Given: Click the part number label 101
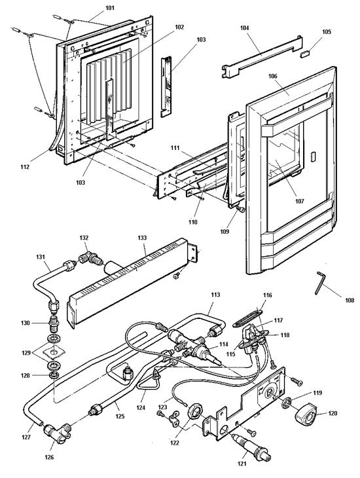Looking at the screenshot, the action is [x=110, y=8].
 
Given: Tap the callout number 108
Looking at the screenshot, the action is [x=350, y=301].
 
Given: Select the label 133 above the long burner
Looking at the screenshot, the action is [x=142, y=238].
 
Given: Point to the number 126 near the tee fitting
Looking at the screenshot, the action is [x=49, y=457].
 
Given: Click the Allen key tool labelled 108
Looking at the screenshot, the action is [x=320, y=283].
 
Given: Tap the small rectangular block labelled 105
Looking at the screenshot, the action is [x=305, y=54].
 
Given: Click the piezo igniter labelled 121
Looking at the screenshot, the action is [x=251, y=447].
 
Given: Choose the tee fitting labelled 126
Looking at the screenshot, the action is [x=58, y=433].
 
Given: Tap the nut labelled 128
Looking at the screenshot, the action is [x=54, y=375].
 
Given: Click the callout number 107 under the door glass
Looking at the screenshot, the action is [x=299, y=201].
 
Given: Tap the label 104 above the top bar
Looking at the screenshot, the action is [x=244, y=28].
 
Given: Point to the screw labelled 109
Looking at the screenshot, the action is [x=240, y=210].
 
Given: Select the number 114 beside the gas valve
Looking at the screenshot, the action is [x=223, y=344].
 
